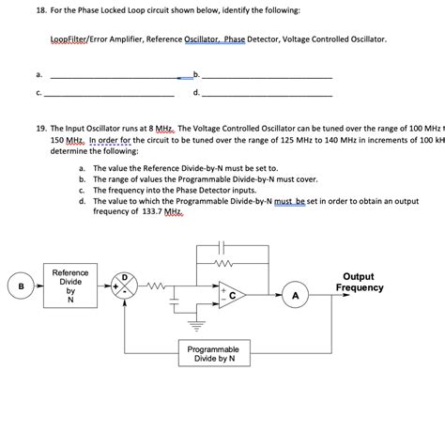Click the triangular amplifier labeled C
tap(231, 295)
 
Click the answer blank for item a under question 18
tap(109, 76)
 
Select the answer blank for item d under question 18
tap(267, 95)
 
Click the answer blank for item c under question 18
tap(109, 95)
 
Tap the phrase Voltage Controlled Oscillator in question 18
tap(332, 40)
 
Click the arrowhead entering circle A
tap(282, 296)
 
